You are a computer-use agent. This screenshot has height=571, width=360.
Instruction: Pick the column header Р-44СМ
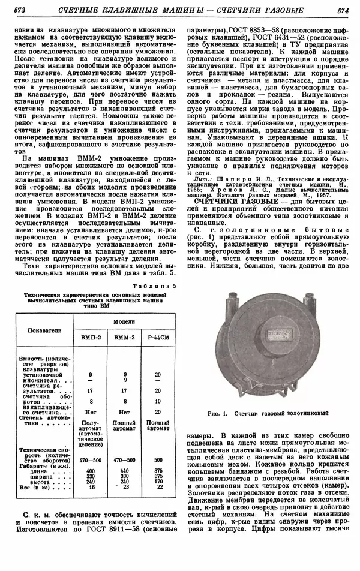(x=157, y=339)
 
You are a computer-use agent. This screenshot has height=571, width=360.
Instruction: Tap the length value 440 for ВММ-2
(x=124, y=470)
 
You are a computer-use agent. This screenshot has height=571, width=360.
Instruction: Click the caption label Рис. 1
(x=217, y=414)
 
